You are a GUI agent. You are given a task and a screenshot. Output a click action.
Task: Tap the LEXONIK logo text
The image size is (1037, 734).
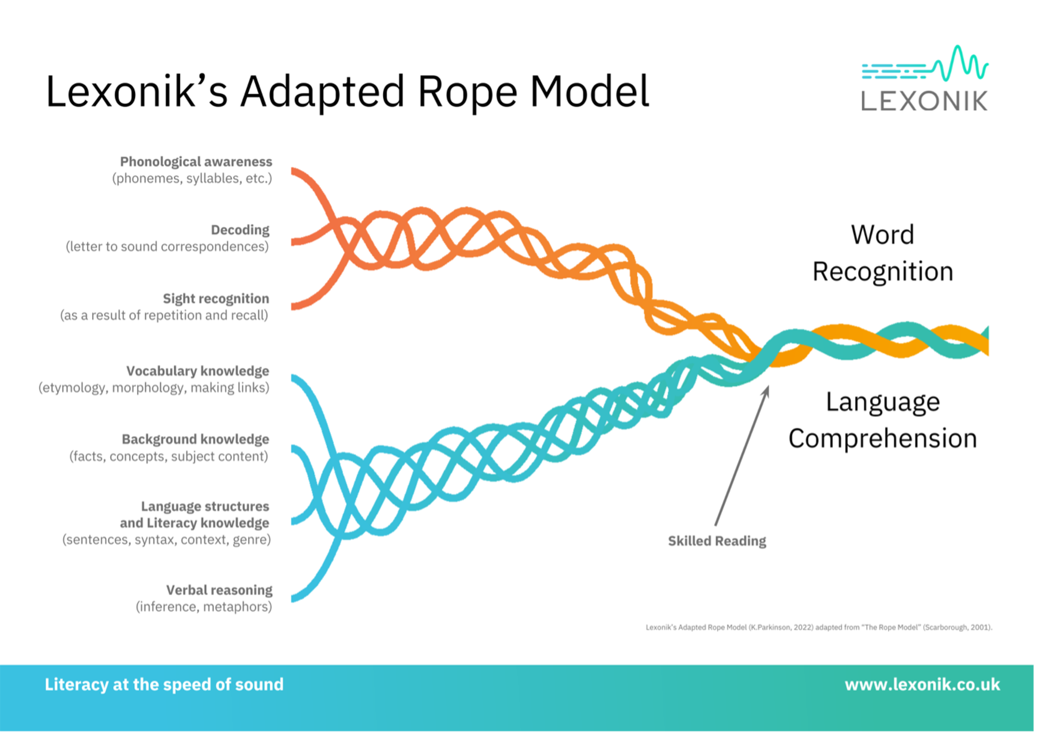[x=924, y=101]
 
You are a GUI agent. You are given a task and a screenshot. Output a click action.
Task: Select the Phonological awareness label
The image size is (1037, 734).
[x=196, y=162]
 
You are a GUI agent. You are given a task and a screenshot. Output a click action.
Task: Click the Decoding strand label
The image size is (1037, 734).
[x=240, y=230]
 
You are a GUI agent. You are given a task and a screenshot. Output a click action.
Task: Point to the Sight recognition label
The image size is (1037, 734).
[x=216, y=299]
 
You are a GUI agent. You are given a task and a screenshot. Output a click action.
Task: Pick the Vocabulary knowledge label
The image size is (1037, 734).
[x=198, y=371]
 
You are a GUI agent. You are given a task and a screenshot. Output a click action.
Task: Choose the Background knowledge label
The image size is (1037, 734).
[x=195, y=440]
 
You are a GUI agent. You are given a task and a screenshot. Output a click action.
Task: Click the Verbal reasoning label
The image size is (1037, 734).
[x=219, y=590]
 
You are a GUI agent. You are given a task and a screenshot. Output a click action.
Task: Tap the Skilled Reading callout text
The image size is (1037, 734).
[x=717, y=541]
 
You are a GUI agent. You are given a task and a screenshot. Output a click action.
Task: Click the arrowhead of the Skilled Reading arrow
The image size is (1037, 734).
[x=766, y=390]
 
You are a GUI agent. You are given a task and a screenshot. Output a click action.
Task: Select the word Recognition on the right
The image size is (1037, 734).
[x=882, y=272]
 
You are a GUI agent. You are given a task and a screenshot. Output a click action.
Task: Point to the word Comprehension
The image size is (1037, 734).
[x=882, y=439]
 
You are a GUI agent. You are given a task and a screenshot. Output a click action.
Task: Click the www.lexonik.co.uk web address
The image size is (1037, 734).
[x=922, y=685]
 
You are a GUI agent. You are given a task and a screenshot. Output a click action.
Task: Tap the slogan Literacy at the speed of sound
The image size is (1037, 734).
[x=164, y=685]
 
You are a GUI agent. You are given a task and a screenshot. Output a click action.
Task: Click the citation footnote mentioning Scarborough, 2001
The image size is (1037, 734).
[x=819, y=627]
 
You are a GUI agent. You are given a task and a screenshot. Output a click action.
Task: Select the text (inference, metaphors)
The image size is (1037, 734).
[x=204, y=606]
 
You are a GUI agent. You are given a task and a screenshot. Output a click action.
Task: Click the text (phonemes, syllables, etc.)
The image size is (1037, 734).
[x=192, y=178]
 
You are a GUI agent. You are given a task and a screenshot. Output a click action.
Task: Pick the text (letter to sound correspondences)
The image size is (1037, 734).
[x=167, y=246]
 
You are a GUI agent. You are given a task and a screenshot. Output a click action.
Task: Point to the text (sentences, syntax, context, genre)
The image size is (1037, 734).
[x=166, y=540]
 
